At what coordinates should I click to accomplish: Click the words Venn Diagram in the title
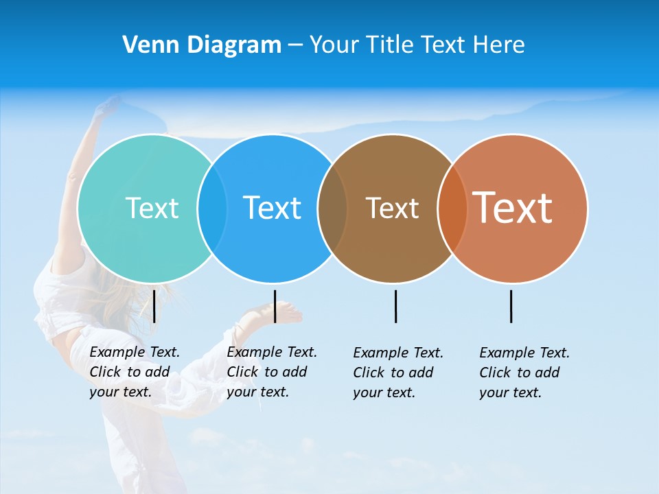point(202,45)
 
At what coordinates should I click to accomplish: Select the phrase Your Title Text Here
point(417,45)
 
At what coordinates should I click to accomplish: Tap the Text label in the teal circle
point(152,208)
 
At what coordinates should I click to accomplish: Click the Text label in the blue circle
point(272,208)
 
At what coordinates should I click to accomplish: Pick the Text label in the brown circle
point(392,208)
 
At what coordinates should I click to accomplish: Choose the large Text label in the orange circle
point(513,207)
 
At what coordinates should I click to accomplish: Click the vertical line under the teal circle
point(154,306)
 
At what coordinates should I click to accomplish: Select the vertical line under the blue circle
point(275,306)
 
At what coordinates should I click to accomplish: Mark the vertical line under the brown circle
point(395,306)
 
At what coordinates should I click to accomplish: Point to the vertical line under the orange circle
point(511,306)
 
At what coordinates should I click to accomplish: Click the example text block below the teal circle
point(135,372)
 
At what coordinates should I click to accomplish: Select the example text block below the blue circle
point(272,372)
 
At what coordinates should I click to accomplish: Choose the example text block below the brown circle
point(398,373)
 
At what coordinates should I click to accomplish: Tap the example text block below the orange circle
point(524,373)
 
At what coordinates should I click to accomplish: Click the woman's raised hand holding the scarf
point(106,106)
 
